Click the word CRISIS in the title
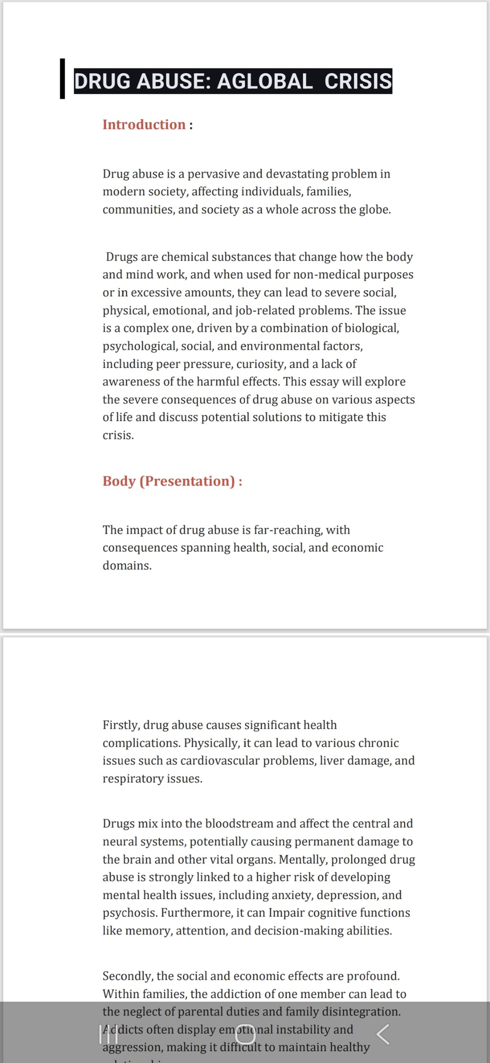pos(358,81)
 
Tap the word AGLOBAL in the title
pos(265,81)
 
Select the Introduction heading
pos(144,125)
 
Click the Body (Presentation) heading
pos(169,481)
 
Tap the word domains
pos(127,566)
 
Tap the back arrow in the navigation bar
pos(383,1035)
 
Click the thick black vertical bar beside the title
pos(62,79)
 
